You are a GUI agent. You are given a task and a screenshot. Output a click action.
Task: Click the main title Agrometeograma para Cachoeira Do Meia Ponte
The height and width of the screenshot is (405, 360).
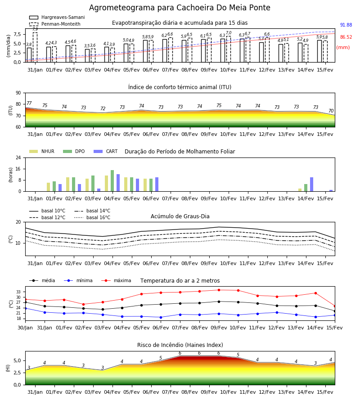[180, 8]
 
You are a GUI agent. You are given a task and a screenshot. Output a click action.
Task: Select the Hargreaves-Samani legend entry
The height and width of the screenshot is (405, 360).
[57, 17]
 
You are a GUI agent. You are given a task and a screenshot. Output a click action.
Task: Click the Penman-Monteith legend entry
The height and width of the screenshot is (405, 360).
[55, 24]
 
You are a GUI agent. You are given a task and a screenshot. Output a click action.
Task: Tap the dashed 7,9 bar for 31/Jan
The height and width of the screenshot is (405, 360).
[35, 47]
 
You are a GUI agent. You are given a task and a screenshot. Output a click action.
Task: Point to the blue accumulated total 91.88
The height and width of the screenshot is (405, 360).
[346, 25]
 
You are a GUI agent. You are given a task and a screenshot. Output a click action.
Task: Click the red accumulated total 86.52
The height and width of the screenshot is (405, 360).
[346, 37]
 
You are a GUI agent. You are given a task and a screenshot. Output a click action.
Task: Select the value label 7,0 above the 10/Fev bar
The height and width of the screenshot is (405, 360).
[229, 33]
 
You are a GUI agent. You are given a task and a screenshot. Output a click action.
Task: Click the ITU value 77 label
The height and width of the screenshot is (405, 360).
[29, 103]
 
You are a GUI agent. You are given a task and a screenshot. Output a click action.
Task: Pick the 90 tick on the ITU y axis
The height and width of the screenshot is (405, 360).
[18, 93]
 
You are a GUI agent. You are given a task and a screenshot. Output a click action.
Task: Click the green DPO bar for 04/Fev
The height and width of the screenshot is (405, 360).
[112, 181]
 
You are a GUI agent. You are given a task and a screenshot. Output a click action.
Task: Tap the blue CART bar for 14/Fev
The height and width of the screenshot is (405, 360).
[312, 184]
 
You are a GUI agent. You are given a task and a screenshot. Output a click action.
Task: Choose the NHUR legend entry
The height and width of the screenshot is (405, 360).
[42, 151]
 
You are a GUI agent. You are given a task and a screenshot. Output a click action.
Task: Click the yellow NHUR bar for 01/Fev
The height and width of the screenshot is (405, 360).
[48, 187]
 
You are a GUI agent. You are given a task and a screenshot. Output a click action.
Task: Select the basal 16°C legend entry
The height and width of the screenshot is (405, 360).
[92, 218]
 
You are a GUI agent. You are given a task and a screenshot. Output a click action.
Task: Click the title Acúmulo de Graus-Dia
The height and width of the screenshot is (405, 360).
[180, 216]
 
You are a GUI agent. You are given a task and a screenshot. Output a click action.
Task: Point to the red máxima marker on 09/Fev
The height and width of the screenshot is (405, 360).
[219, 290]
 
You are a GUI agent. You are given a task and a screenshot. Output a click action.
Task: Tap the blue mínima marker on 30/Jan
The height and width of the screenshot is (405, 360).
[26, 308]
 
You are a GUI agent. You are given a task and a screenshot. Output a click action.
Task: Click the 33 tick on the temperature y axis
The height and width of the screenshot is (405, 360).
[18, 292]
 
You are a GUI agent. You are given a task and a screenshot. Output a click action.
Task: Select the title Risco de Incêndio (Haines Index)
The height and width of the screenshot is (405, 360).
[180, 345]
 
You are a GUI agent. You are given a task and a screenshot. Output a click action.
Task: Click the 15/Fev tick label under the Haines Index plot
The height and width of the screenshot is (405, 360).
[325, 392]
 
